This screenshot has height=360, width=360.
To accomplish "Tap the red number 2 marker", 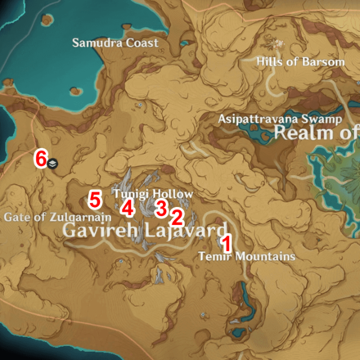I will (x=175, y=217).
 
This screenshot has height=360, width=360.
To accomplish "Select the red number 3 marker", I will (x=161, y=206).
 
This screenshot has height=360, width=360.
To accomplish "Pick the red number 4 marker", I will (x=126, y=207).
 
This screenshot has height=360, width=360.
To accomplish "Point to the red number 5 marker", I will (x=94, y=199).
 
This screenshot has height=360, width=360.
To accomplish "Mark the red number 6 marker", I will (x=38, y=158).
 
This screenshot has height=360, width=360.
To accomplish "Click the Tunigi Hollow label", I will (x=154, y=193).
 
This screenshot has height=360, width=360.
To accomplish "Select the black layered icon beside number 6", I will (x=52, y=163).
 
